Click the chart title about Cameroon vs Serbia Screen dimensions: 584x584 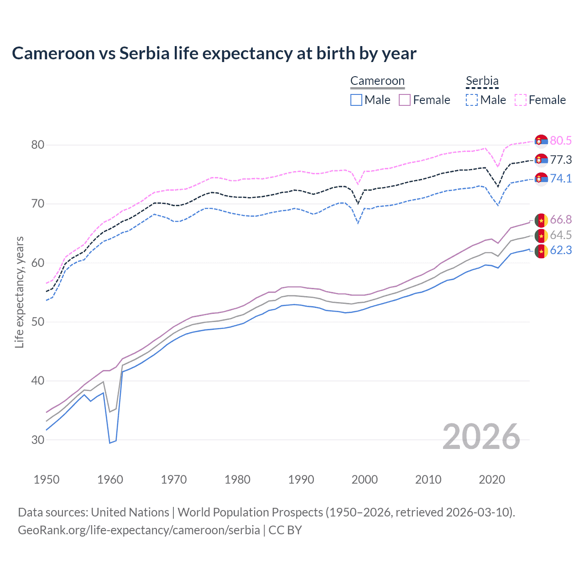tap(214, 53)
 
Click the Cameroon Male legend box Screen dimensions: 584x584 tap(356, 100)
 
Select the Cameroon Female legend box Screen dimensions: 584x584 tap(405, 100)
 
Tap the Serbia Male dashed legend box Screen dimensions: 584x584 tap(472, 100)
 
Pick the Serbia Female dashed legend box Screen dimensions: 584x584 tap(521, 100)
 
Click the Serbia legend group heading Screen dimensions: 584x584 tap(482, 81)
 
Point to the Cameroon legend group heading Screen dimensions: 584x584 tap(377, 81)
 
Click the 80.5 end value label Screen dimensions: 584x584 tap(561, 141)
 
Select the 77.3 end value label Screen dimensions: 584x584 tap(561, 160)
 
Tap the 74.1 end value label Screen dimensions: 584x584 tap(561, 178)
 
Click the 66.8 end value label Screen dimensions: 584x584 tap(561, 219)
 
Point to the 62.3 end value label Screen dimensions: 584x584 tap(561, 250)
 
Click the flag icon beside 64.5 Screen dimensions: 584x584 tap(541, 235)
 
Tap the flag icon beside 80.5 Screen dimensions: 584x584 tap(541, 141)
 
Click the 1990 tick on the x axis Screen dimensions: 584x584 tap(301, 480)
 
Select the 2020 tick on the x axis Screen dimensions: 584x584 tap(492, 480)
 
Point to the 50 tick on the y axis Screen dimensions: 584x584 tap(38, 322)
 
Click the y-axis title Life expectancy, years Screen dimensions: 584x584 tap(19, 292)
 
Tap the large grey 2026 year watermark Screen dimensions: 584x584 tap(481, 437)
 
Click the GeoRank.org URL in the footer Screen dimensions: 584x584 tap(139, 530)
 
